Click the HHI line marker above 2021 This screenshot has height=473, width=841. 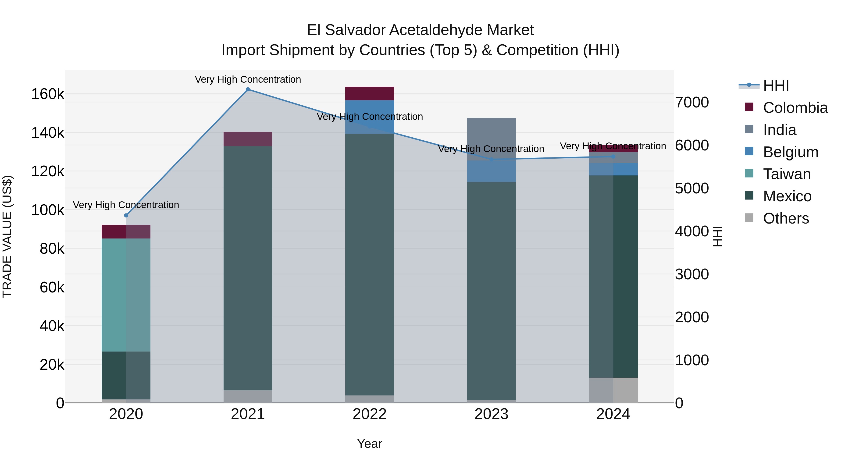tap(248, 89)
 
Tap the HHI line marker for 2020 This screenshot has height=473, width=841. tap(126, 215)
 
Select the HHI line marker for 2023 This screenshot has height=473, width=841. tap(491, 160)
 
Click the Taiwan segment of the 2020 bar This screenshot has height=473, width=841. tap(126, 295)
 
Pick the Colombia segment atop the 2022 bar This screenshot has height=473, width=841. tap(370, 93)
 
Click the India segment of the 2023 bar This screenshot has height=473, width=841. tap(491, 139)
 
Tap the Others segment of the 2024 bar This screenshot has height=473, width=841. tap(613, 390)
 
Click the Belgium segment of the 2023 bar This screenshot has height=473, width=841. tap(491, 171)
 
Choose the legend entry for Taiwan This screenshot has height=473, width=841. tap(787, 174)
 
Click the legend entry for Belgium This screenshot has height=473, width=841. tap(790, 152)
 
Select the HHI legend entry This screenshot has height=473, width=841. tap(776, 85)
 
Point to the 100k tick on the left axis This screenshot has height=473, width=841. tap(48, 210)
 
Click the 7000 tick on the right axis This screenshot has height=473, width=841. tap(692, 103)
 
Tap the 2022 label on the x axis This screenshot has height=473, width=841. tap(370, 414)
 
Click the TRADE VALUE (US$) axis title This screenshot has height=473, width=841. tap(7, 236)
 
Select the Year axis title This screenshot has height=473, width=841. tap(370, 444)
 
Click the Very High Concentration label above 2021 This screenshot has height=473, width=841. tap(248, 79)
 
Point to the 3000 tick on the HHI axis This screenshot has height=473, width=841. tap(692, 274)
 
